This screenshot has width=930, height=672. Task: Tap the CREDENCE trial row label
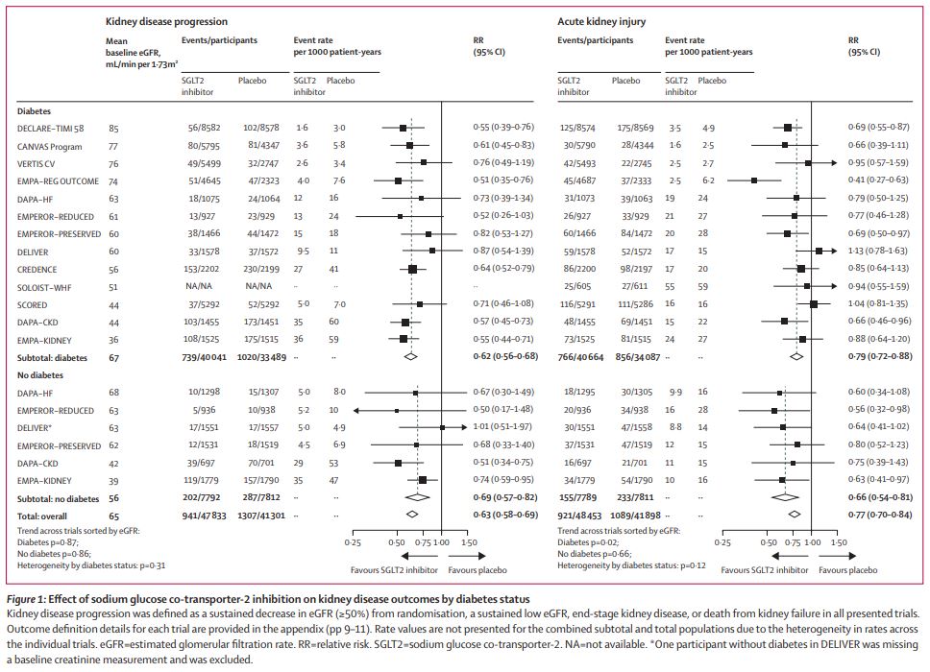[x=37, y=270]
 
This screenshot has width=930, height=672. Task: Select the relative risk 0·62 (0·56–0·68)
[x=504, y=355]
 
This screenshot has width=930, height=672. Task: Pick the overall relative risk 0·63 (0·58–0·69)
[x=504, y=515]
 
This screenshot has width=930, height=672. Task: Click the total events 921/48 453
[x=578, y=515]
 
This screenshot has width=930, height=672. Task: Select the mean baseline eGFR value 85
[x=114, y=128]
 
